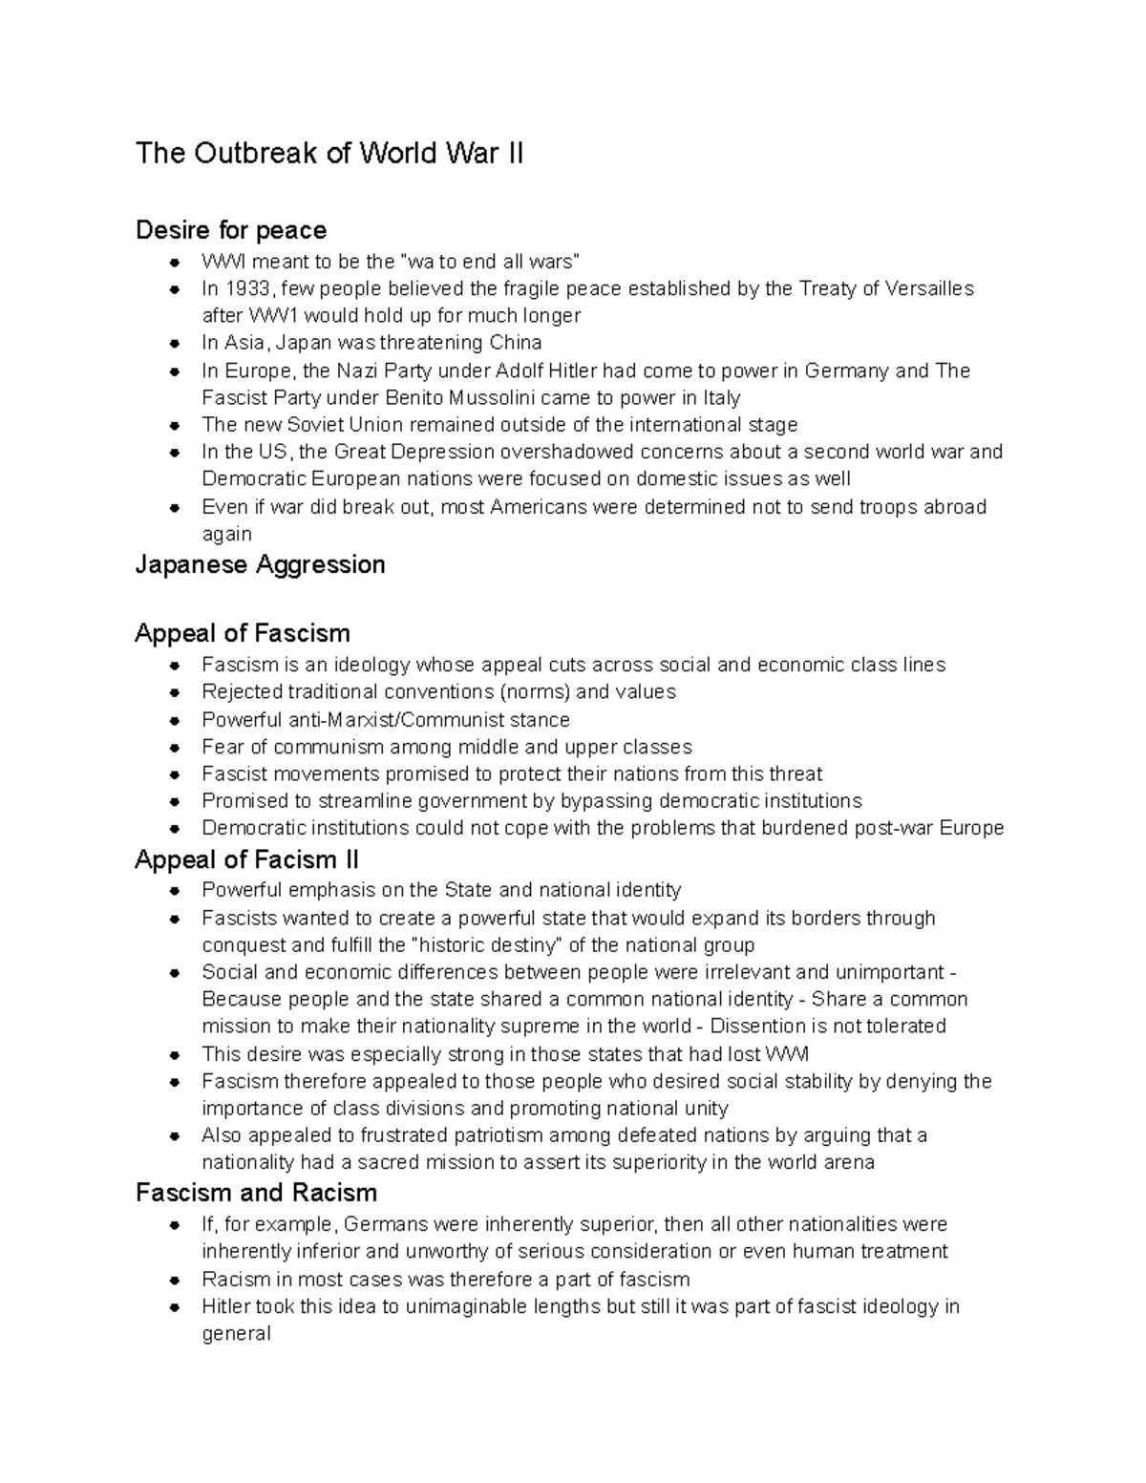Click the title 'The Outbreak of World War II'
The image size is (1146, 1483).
[x=329, y=154]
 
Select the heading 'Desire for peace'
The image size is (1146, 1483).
[x=231, y=230]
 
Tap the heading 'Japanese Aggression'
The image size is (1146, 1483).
[x=260, y=564]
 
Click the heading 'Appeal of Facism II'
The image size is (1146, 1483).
[x=246, y=859]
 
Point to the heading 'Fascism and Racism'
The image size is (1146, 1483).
[x=256, y=1193]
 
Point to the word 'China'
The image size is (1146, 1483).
[x=516, y=343]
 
